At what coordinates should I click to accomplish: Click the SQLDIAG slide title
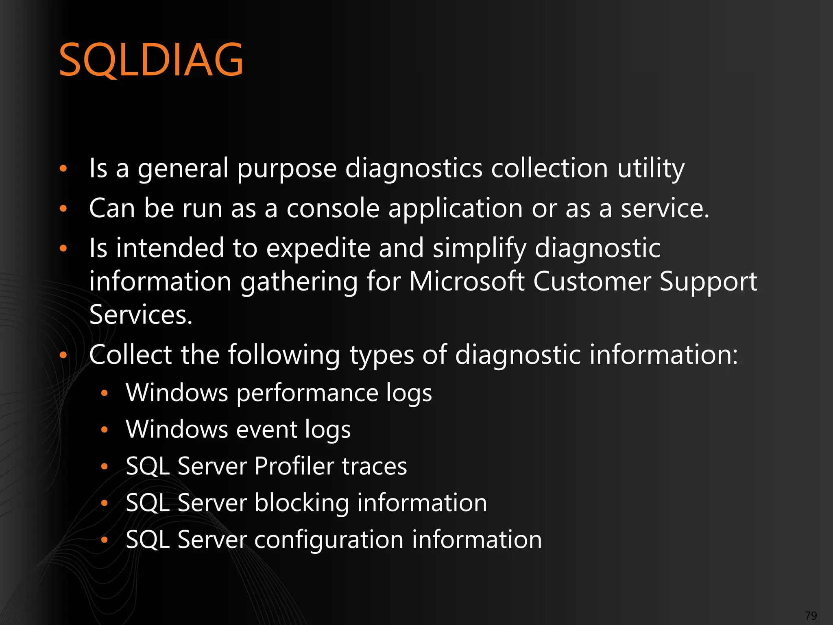click(x=151, y=60)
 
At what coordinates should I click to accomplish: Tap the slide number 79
click(x=811, y=615)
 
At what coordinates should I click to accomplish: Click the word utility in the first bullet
click(x=651, y=168)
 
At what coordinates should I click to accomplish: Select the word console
click(x=333, y=208)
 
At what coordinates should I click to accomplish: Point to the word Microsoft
click(x=467, y=282)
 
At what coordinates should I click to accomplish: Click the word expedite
click(x=318, y=248)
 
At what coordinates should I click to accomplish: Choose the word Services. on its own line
click(x=140, y=315)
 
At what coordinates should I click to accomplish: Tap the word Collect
click(x=130, y=354)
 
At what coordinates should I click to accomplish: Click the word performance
click(x=307, y=393)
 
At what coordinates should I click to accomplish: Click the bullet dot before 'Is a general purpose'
click(x=63, y=168)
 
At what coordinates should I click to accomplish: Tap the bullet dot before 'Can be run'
click(x=63, y=208)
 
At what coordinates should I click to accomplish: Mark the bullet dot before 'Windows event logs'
click(x=105, y=430)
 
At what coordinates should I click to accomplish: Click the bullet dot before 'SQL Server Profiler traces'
click(x=105, y=466)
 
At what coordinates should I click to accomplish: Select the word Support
click(x=708, y=282)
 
